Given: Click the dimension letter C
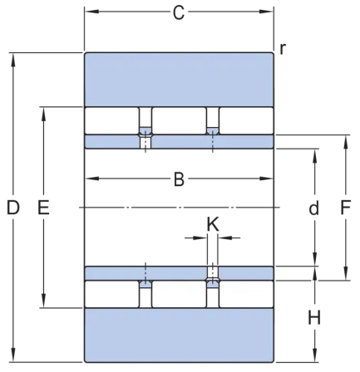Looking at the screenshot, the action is coord(179,12).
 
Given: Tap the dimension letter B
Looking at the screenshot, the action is coord(179,179).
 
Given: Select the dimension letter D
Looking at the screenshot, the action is coord(13,208).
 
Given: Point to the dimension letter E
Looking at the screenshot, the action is coord(43,208).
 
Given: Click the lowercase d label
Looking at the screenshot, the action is coord(314,208).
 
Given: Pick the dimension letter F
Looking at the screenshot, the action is coord(346,208).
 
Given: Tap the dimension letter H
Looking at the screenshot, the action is coord(314,317).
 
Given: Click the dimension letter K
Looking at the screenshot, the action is coord(213,224).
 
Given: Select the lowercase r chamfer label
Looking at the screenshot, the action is coord(283,49).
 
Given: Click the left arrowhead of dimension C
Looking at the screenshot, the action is coord(92,12).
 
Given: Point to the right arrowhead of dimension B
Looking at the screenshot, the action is coord(266,179).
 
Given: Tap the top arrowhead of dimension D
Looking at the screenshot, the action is coord(13,60).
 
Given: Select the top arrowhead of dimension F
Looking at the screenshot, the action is coord(346,142).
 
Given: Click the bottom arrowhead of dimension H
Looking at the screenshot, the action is coord(314,355).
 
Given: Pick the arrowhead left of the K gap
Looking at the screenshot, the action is coord(200,237).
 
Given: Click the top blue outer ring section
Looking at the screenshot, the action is coord(179,80).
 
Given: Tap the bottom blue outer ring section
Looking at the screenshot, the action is coord(179,335).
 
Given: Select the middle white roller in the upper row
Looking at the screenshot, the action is coord(179,121).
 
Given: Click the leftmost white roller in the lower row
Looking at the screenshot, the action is coord(111,294).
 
